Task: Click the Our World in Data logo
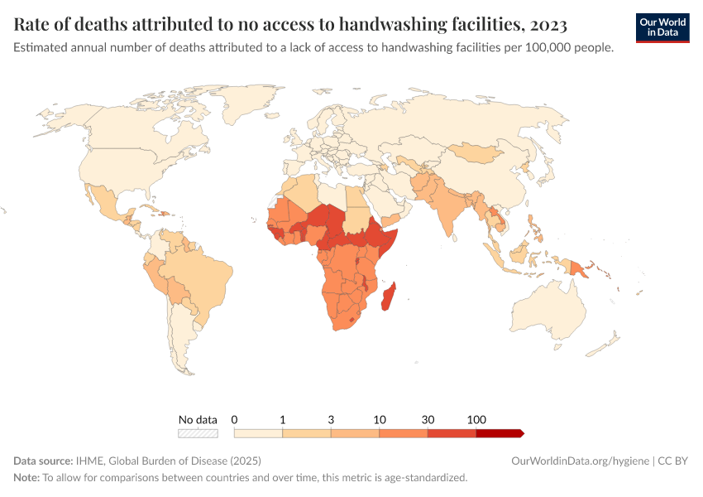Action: pyautogui.click(x=662, y=27)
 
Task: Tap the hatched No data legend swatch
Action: pyautogui.click(x=198, y=433)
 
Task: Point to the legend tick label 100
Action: pyautogui.click(x=476, y=420)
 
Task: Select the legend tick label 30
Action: pyautogui.click(x=428, y=420)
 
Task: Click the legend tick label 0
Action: pyautogui.click(x=235, y=420)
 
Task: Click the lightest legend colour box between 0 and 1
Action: pyautogui.click(x=258, y=433)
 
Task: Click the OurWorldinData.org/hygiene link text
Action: pyautogui.click(x=580, y=461)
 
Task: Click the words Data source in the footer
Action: pyautogui.click(x=42, y=461)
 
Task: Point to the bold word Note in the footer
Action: pyautogui.click(x=26, y=478)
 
